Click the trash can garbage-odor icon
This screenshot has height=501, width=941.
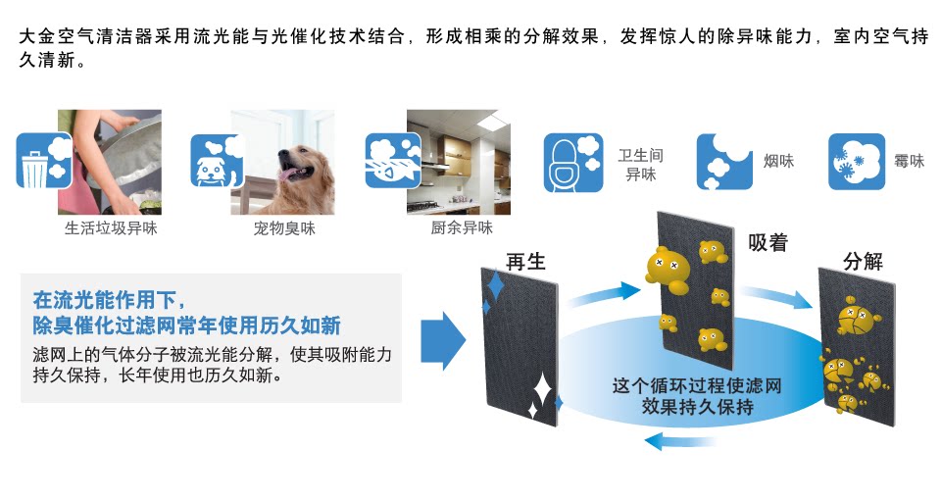tap(44, 160)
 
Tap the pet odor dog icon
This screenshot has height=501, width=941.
tap(215, 161)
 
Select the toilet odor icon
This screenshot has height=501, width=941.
tap(573, 162)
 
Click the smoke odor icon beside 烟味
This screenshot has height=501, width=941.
tap(724, 162)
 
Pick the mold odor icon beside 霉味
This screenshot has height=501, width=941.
tap(857, 162)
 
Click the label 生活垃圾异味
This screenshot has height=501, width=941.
tap(111, 228)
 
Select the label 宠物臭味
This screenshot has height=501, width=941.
tap(284, 228)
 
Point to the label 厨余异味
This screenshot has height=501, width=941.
tap(462, 228)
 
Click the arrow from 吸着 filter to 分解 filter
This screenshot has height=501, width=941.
tap(775, 295)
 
